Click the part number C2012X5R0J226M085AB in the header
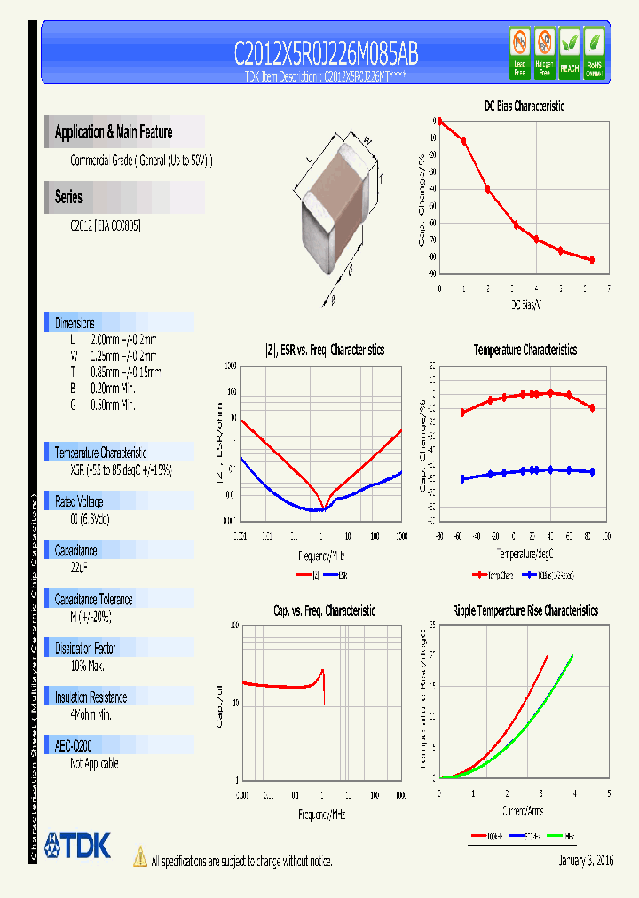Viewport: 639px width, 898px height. [326, 54]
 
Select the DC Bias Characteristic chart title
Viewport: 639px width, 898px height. [524, 106]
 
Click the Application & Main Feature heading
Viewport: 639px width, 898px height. [114, 132]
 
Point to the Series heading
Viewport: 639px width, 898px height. [68, 197]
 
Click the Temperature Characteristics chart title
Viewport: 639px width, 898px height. [525, 350]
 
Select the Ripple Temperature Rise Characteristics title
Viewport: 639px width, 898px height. [525, 610]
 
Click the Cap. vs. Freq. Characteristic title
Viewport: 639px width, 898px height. [324, 610]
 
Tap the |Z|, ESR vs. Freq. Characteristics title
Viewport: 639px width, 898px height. [325, 350]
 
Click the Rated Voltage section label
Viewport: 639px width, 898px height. [79, 501]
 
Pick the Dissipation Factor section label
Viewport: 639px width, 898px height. [85, 649]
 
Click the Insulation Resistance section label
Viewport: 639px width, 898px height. [91, 697]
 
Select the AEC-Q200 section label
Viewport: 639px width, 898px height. [73, 746]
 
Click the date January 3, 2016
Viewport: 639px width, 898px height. [586, 861]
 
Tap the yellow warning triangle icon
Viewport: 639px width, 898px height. [139, 857]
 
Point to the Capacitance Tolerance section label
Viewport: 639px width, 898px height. [97, 599]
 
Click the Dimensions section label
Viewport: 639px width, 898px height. [75, 323]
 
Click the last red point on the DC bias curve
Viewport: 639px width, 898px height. [592, 259]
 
